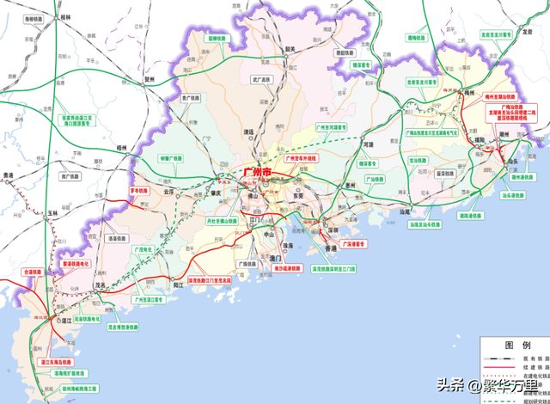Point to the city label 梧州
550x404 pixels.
(x=122, y=148)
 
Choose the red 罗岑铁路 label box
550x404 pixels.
(x=138, y=190)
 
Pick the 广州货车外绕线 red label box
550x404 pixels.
(x=300, y=159)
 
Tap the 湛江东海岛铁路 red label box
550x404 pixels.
(x=58, y=363)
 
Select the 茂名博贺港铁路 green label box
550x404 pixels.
(x=124, y=327)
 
